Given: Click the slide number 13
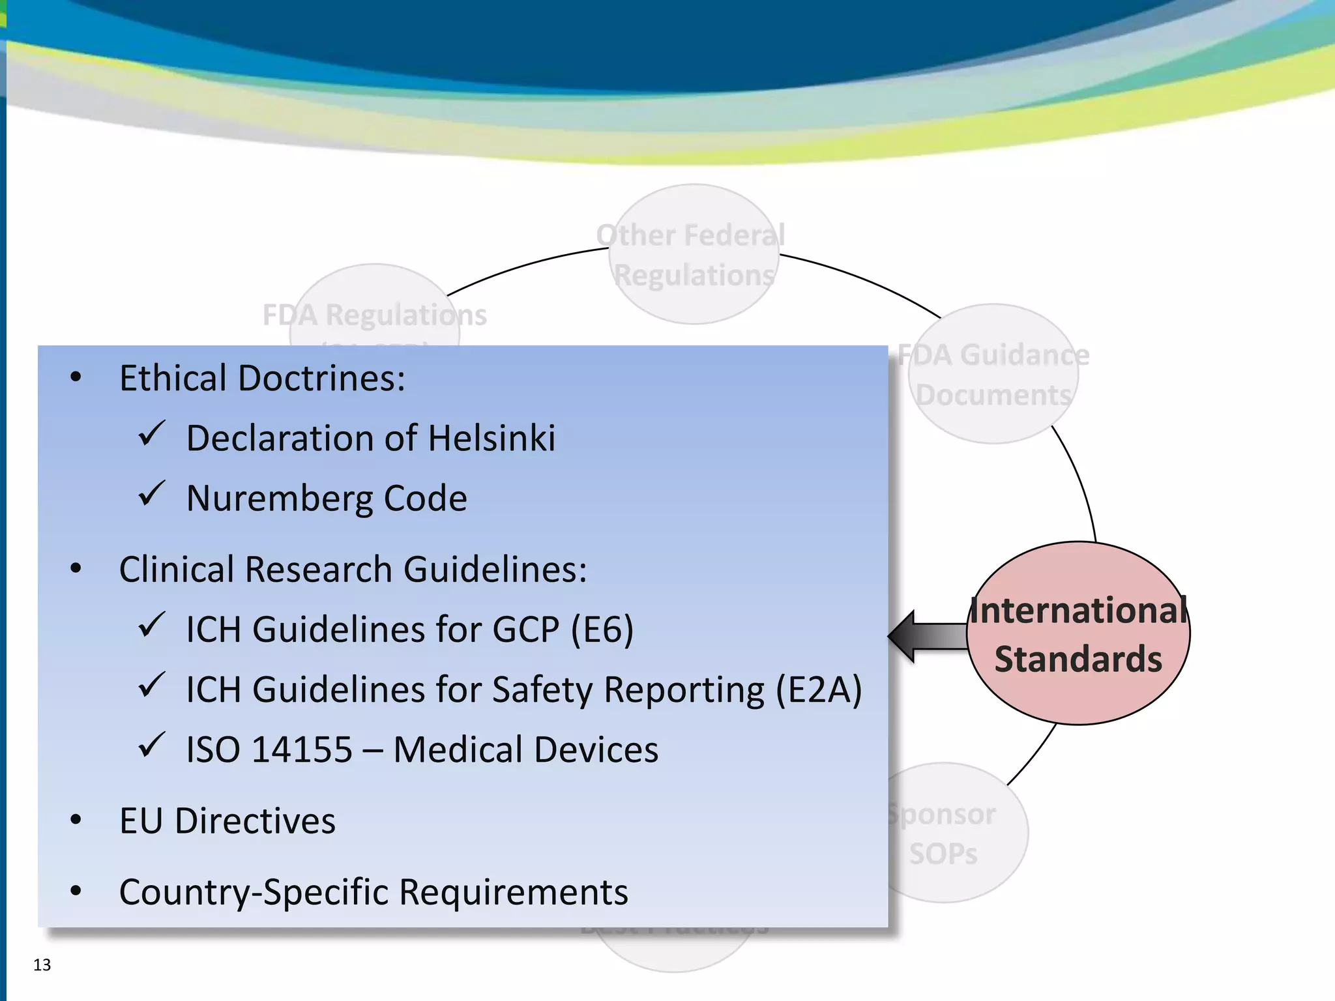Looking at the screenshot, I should coord(42,965).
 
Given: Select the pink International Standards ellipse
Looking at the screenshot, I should coord(1079,633).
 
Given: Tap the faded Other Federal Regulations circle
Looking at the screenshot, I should coord(694,255).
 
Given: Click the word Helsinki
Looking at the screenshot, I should coord(492,438).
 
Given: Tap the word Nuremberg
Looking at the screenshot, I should coord(279,499).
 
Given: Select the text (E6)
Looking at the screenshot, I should coord(602,630).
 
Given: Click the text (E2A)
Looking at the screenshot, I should coord(819,689).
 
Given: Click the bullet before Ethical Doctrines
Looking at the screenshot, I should coord(76,377).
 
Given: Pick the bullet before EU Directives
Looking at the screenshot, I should coord(76,820).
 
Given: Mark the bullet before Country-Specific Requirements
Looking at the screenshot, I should coord(76,891).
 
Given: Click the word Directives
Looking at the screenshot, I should coord(256,820).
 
